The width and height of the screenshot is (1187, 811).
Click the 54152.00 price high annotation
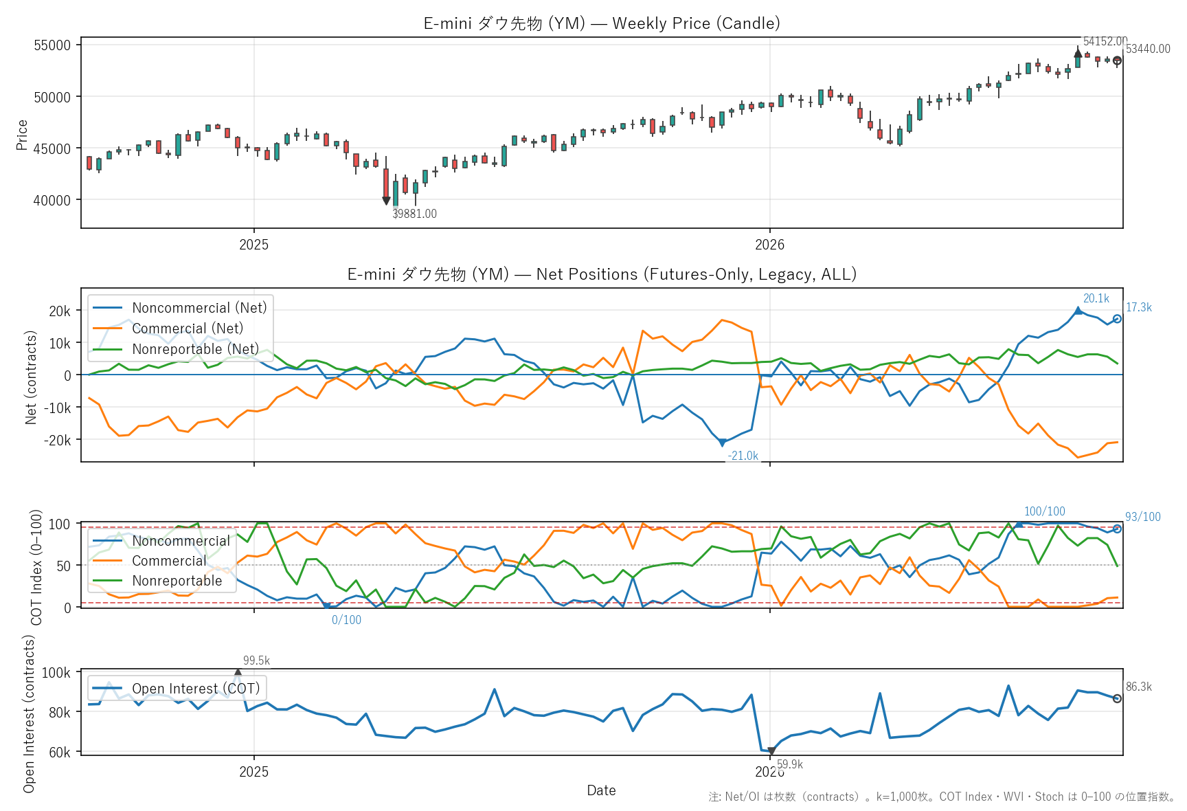pyautogui.click(x=1105, y=41)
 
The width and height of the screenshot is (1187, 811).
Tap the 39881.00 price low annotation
pyautogui.click(x=414, y=214)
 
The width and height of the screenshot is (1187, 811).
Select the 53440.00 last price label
pyautogui.click(x=1148, y=49)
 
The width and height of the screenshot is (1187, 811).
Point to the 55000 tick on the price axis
pyautogui.click(x=52, y=45)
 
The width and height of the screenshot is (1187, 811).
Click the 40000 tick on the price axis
pyautogui.click(x=52, y=201)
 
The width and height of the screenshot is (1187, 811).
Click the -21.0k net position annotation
pyautogui.click(x=743, y=456)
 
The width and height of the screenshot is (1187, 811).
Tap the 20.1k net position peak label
pyautogui.click(x=1096, y=298)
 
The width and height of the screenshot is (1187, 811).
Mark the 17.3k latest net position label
pyautogui.click(x=1139, y=307)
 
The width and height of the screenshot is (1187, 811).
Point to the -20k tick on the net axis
pyautogui.click(x=57, y=440)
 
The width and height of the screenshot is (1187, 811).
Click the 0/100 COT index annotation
pyautogui.click(x=346, y=620)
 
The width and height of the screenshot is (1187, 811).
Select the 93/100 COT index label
pyautogui.click(x=1143, y=517)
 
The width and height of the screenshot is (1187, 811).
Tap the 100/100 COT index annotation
pyautogui.click(x=1045, y=511)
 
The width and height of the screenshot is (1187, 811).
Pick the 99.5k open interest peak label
pyautogui.click(x=256, y=660)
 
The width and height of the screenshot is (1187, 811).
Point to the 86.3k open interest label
pyautogui.click(x=1139, y=687)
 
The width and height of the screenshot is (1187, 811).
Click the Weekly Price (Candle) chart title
pyautogui.click(x=602, y=23)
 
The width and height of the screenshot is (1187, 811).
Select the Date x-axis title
pyautogui.click(x=601, y=790)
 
